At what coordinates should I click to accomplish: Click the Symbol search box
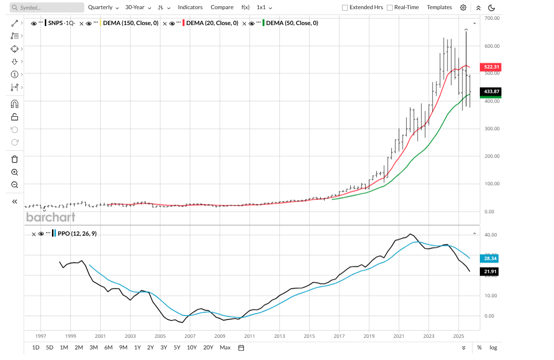point(46,8)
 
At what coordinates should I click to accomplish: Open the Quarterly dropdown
point(103,8)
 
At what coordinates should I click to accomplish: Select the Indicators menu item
point(190,8)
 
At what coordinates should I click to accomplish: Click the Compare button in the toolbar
point(222,8)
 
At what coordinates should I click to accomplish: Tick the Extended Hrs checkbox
point(345,8)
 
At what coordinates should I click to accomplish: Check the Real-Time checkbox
point(390,8)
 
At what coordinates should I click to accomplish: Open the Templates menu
point(439,8)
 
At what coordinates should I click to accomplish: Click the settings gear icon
point(463,8)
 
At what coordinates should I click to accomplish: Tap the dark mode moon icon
point(491,8)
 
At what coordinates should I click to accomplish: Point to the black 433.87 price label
point(491,92)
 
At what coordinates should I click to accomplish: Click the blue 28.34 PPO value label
point(491,258)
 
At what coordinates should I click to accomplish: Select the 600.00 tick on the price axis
point(491,46)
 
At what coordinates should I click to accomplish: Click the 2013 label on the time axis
point(279,336)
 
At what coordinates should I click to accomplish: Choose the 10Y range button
point(192,347)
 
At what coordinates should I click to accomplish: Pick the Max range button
point(225,347)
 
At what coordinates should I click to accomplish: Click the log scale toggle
point(493,347)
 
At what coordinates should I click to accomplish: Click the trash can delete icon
point(14,160)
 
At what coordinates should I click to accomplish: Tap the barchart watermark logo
point(51,217)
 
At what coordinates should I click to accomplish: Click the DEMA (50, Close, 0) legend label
point(292,23)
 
